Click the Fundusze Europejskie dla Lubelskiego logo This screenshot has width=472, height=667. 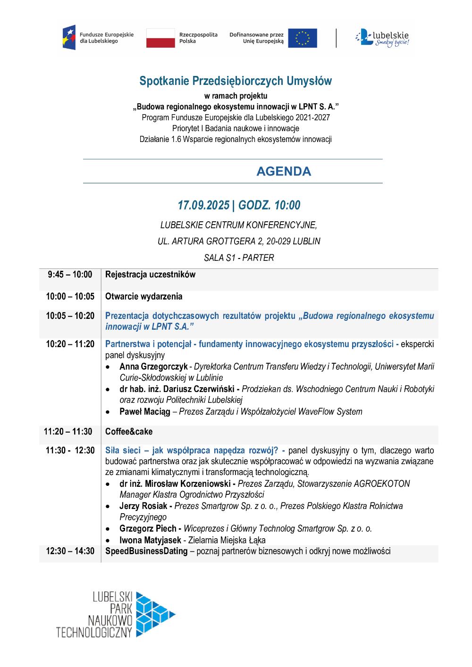(x=98, y=38)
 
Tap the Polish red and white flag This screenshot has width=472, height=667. (x=160, y=38)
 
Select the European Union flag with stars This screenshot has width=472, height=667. (x=303, y=38)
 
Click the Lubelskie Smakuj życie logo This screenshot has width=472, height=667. (x=382, y=38)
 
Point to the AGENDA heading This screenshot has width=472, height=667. (x=284, y=172)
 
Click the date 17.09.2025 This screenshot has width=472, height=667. (x=203, y=206)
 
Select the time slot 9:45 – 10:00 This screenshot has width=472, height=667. (x=70, y=275)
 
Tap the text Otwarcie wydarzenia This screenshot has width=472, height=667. (x=143, y=297)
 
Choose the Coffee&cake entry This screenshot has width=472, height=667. (x=129, y=432)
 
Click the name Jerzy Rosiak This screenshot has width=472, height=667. (x=143, y=506)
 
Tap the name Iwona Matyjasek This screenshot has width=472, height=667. (x=150, y=540)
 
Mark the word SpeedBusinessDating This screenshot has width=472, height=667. (x=146, y=551)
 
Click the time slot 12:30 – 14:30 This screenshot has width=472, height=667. (x=70, y=551)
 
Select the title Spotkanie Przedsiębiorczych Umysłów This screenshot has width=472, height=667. (x=236, y=81)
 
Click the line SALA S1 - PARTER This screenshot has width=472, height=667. (x=239, y=258)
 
